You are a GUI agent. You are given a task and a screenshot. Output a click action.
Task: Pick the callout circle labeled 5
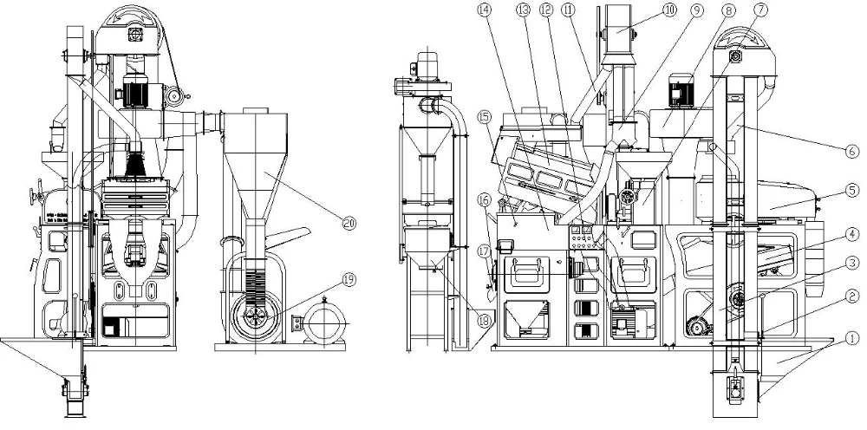click(852, 189)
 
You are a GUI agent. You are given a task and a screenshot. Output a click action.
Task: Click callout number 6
click(852, 149)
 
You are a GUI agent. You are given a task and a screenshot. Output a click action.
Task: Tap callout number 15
click(484, 116)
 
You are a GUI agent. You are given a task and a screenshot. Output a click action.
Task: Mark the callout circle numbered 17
click(484, 252)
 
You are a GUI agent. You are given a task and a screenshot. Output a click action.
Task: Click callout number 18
click(484, 321)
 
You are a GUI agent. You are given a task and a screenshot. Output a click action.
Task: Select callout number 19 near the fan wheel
click(349, 279)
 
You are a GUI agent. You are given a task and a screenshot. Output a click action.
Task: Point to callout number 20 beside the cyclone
click(349, 224)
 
